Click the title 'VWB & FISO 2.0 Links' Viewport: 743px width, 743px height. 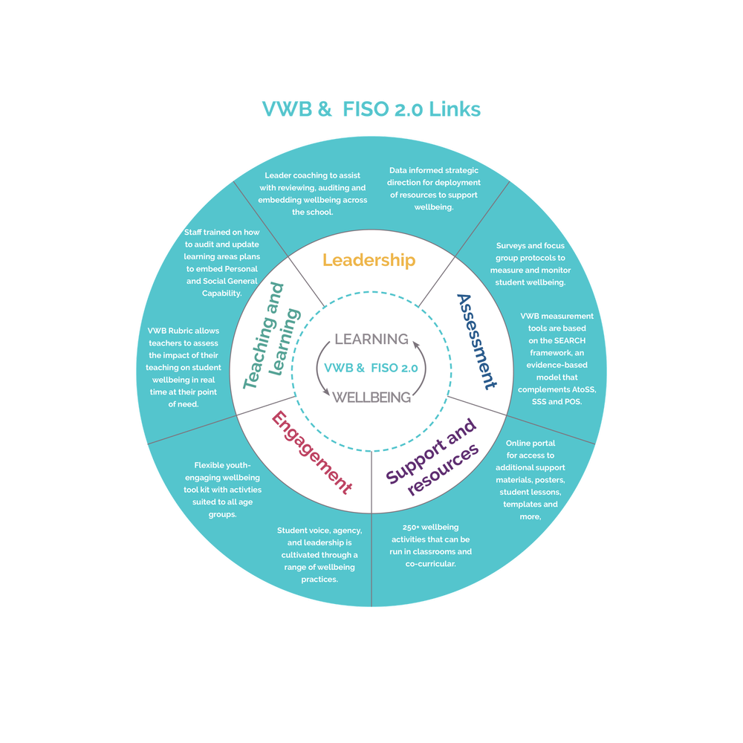pyautogui.click(x=371, y=110)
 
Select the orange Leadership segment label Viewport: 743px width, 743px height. pyautogui.click(x=369, y=260)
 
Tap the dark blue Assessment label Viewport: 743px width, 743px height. pyautogui.click(x=476, y=341)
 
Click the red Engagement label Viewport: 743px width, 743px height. pyautogui.click(x=311, y=453)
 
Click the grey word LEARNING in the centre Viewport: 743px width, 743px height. pyautogui.click(x=371, y=340)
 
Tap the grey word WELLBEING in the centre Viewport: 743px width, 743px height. pyautogui.click(x=371, y=397)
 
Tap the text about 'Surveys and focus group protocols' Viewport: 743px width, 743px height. pyautogui.click(x=531, y=264)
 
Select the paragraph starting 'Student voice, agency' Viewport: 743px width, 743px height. pyautogui.click(x=319, y=554)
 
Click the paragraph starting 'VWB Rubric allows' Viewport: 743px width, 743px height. pyautogui.click(x=183, y=368)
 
